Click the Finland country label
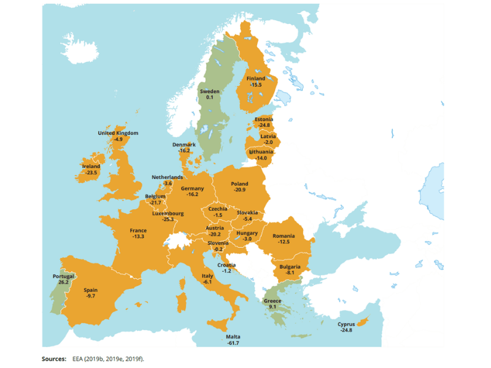(255, 79)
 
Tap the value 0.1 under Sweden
(209, 98)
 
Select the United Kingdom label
(118, 133)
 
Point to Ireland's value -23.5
(91, 173)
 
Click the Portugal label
(63, 276)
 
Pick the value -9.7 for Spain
(90, 296)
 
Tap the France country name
(138, 231)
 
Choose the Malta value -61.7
(233, 343)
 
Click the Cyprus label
(346, 324)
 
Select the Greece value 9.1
(273, 307)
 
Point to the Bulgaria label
(290, 267)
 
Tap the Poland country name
(239, 184)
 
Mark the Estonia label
(264, 119)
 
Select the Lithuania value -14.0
(261, 158)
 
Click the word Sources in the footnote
(53, 358)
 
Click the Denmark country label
(184, 144)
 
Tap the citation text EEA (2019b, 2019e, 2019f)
(108, 358)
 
